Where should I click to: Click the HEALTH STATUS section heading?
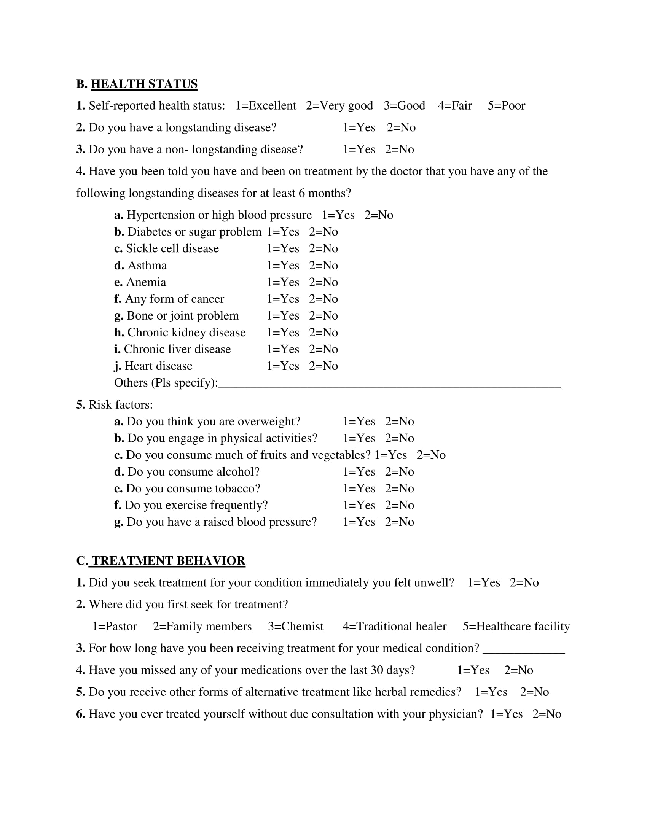pos(144,84)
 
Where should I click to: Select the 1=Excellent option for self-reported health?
pos(266,106)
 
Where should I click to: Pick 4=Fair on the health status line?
pos(454,106)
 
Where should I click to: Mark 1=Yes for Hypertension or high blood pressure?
pos(338,215)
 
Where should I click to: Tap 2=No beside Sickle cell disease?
pos(323,249)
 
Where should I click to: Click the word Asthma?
pos(147,266)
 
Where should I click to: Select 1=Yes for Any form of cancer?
pos(283,299)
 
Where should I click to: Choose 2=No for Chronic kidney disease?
pos(323,333)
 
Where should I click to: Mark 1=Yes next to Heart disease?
pos(283,366)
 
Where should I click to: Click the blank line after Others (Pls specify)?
pos(389,385)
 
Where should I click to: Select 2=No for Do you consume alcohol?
pos(399,472)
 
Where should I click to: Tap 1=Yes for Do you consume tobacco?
pos(359,489)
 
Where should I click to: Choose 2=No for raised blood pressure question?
pos(399,522)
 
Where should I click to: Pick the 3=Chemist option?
pos(295,627)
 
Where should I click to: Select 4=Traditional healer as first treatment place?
pos(394,627)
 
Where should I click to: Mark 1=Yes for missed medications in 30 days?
pos(473,670)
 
